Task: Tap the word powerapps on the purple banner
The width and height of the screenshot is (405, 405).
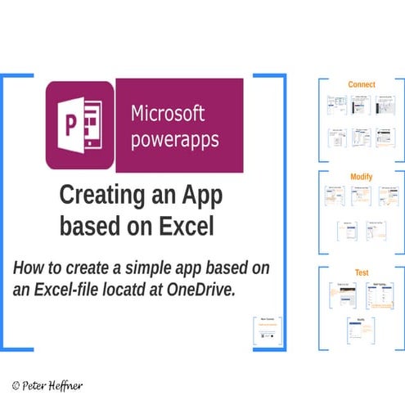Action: (x=175, y=139)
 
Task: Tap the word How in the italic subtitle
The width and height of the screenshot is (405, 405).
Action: (x=29, y=268)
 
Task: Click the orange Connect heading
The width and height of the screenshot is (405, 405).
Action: (x=362, y=84)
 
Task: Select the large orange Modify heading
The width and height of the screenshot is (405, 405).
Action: (x=362, y=177)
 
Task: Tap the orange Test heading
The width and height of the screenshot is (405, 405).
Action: (x=362, y=272)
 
